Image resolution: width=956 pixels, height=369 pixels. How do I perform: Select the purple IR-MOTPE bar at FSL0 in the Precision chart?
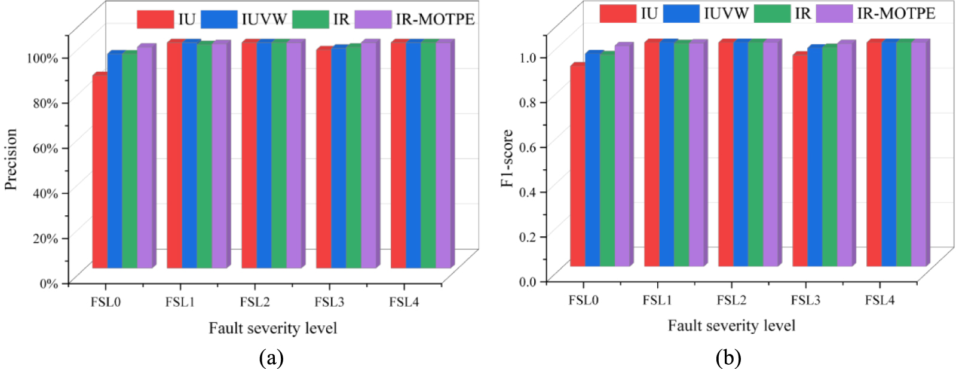click(x=145, y=158)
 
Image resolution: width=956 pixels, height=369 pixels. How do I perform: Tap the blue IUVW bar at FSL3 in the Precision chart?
click(x=338, y=158)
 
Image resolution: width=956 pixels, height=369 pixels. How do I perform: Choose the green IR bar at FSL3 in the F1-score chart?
click(x=829, y=157)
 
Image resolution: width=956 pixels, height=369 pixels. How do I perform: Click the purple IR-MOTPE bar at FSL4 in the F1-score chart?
click(x=918, y=154)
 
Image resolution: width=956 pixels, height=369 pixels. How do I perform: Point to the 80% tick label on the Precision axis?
click(x=45, y=103)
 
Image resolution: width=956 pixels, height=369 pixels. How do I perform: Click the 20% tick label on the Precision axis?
click(x=45, y=238)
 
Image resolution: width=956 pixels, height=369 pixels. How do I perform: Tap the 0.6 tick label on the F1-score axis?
click(x=528, y=147)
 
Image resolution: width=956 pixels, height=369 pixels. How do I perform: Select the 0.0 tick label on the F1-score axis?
click(x=528, y=282)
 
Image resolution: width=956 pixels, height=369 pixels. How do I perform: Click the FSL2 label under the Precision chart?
click(x=255, y=303)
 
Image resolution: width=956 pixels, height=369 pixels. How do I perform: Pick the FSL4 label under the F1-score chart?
click(x=880, y=300)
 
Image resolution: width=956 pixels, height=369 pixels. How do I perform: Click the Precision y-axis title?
click(x=11, y=160)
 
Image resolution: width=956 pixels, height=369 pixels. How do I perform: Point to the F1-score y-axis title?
click(x=507, y=158)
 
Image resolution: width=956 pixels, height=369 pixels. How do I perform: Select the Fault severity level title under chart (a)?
click(x=272, y=328)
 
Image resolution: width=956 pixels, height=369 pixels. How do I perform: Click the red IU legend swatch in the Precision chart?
click(x=155, y=19)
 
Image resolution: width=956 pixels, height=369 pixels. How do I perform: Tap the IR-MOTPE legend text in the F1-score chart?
click(x=896, y=13)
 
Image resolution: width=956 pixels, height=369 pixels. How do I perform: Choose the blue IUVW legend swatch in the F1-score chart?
click(x=681, y=13)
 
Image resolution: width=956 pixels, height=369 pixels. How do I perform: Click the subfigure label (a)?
click(x=271, y=358)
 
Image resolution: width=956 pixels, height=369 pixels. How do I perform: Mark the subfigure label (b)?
click(x=728, y=358)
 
